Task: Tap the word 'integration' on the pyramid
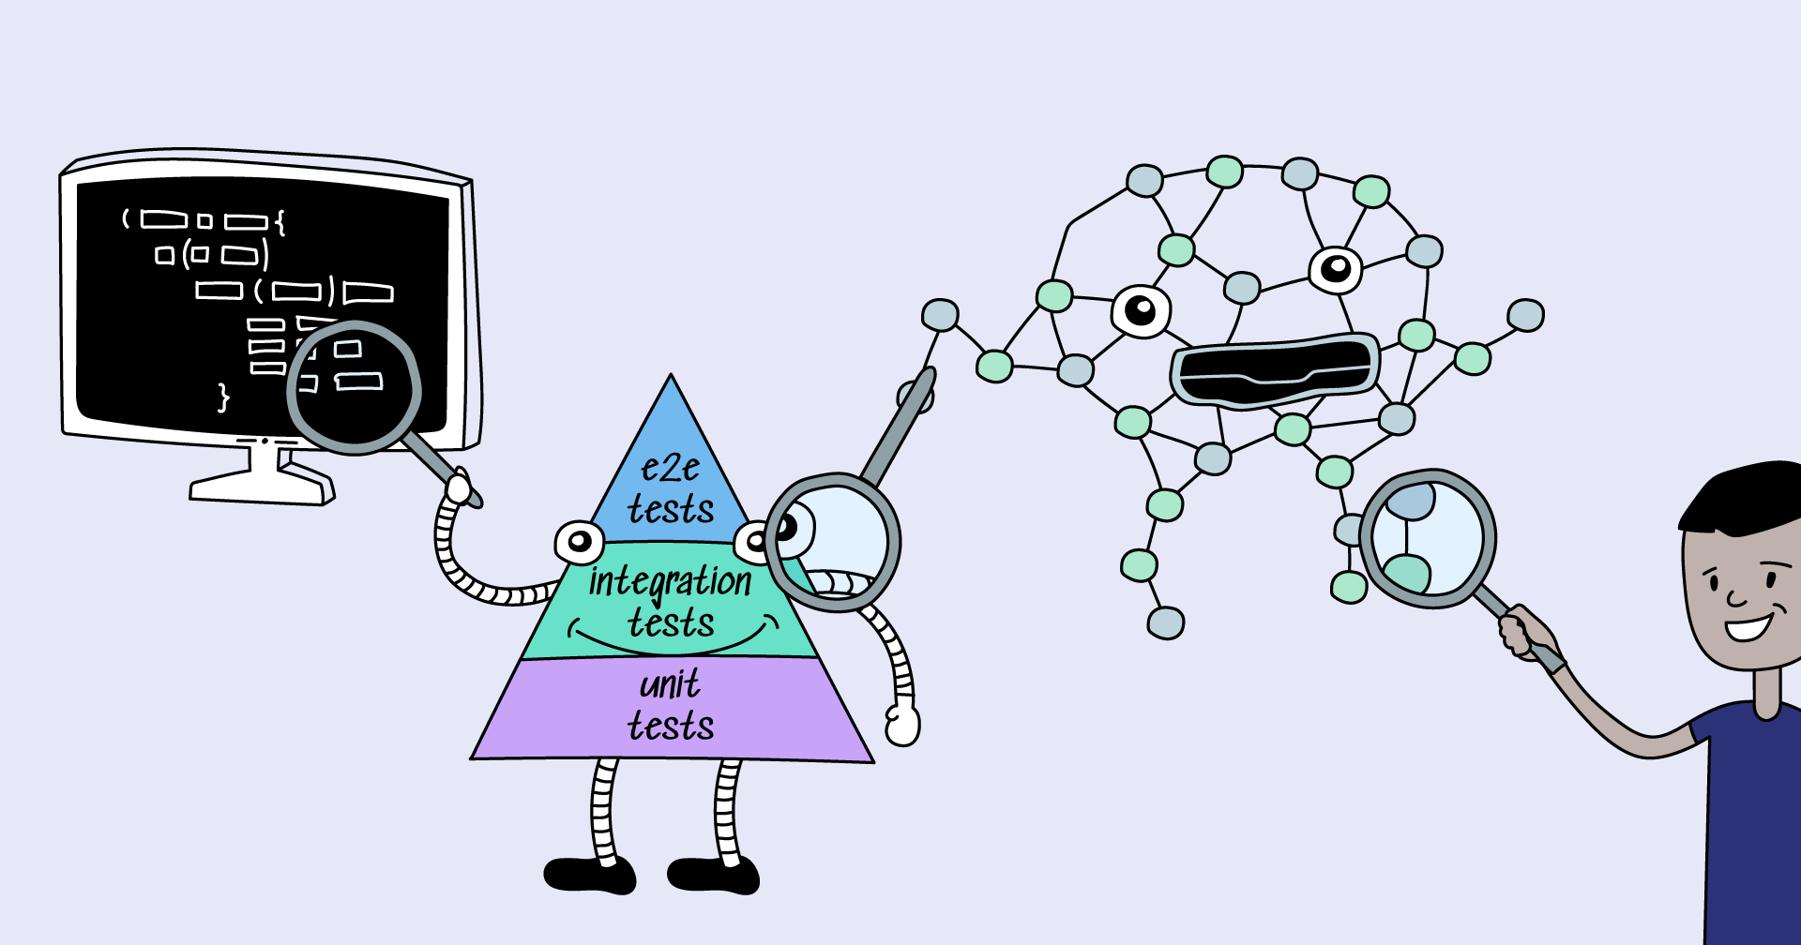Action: (x=670, y=581)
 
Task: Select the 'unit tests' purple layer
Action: (x=672, y=708)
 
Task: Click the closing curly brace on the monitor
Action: (x=223, y=397)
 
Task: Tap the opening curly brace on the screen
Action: (x=280, y=222)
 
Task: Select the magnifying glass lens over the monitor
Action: (x=355, y=386)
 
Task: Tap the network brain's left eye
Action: (x=1141, y=309)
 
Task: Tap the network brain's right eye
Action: (x=1335, y=269)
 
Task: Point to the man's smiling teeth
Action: (x=1747, y=627)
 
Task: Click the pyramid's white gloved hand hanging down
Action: (x=902, y=725)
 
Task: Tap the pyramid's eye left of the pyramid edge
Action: (x=579, y=541)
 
